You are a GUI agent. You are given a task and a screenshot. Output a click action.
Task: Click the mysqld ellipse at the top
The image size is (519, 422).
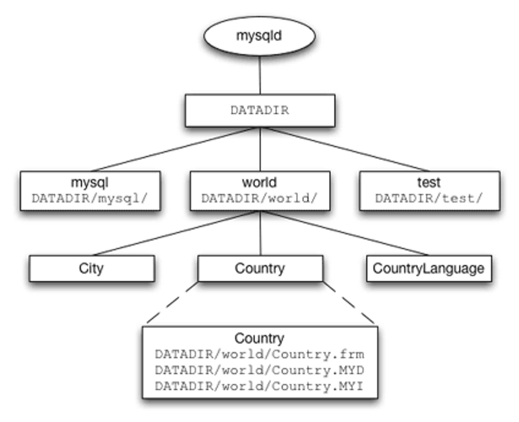pyautogui.click(x=259, y=36)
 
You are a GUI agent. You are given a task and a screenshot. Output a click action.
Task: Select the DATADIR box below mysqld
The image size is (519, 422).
pyautogui.click(x=260, y=111)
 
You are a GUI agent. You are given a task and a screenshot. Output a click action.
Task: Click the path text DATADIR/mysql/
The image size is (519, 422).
pyautogui.click(x=90, y=199)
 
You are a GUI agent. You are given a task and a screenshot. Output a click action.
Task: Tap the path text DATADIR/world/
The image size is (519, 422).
pyautogui.click(x=259, y=199)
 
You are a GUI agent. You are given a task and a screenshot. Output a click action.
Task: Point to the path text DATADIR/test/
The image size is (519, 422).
pyautogui.click(x=429, y=199)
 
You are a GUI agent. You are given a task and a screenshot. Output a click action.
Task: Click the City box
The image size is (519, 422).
pyautogui.click(x=92, y=269)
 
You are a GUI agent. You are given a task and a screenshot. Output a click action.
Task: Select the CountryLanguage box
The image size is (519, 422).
pyautogui.click(x=429, y=269)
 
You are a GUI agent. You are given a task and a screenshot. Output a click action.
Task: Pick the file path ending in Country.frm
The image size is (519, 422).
pyautogui.click(x=260, y=354)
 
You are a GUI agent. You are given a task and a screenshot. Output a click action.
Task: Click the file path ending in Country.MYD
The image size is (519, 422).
pyautogui.click(x=260, y=370)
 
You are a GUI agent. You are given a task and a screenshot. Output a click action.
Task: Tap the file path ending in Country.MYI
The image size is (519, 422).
pyautogui.click(x=259, y=386)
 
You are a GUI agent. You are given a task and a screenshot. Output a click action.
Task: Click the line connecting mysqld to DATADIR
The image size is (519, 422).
pyautogui.click(x=260, y=75)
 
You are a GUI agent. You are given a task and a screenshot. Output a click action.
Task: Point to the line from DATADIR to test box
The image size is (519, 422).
pyautogui.click(x=347, y=149)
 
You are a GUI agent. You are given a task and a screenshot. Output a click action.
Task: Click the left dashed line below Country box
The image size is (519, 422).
pyautogui.click(x=172, y=303)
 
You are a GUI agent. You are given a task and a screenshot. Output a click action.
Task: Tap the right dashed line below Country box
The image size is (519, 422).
pyautogui.click(x=349, y=303)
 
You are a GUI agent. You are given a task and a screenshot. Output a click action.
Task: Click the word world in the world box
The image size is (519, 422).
pyautogui.click(x=259, y=183)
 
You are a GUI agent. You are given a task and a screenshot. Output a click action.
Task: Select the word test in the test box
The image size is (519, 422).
pyautogui.click(x=429, y=183)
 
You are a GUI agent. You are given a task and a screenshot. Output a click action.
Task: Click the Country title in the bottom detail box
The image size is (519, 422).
pyautogui.click(x=259, y=338)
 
